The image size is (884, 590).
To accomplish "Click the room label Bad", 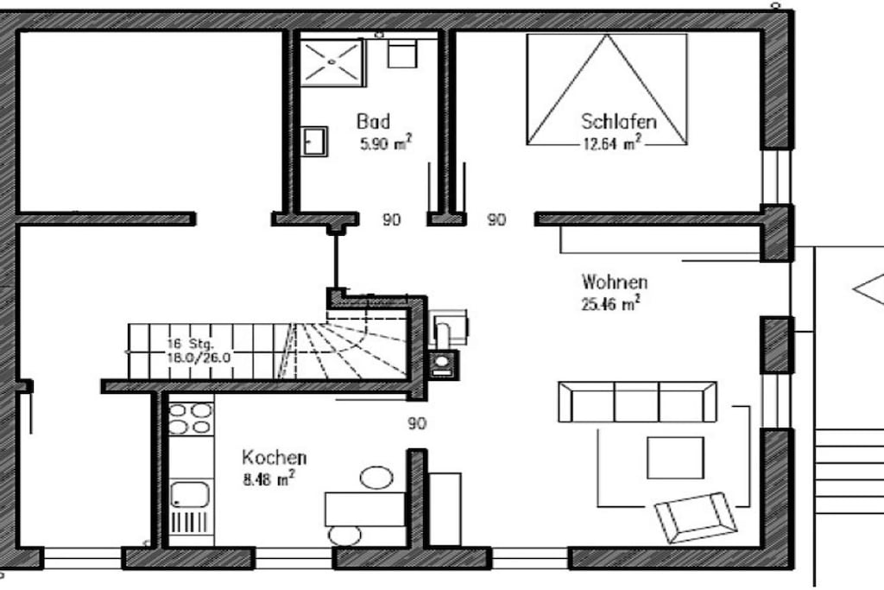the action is pos(373,121).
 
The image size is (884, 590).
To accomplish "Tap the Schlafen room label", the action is pos(618,121).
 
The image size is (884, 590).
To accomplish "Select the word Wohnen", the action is pos(615,282).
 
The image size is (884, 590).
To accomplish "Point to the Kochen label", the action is pos(274,457).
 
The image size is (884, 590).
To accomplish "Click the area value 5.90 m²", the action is pos(386,143).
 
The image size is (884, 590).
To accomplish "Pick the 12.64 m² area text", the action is pos(612,143).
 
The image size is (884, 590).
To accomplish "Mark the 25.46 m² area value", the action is pos(610,303).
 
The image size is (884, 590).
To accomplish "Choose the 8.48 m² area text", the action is pos(268,479).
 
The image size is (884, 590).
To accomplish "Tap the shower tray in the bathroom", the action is pos(332,62).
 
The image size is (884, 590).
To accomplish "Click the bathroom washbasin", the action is pos(314,141).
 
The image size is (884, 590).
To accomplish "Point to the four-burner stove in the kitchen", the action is pos(191,418).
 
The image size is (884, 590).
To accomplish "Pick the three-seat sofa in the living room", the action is pos(638,403).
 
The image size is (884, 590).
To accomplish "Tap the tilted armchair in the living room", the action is pos(696,517).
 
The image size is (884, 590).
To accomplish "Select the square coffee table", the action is pos(675,458).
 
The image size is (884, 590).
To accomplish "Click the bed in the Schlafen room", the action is pos(607,89).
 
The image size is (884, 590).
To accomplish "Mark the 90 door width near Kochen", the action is pos(417,423).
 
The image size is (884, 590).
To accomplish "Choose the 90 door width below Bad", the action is pos(391,219).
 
